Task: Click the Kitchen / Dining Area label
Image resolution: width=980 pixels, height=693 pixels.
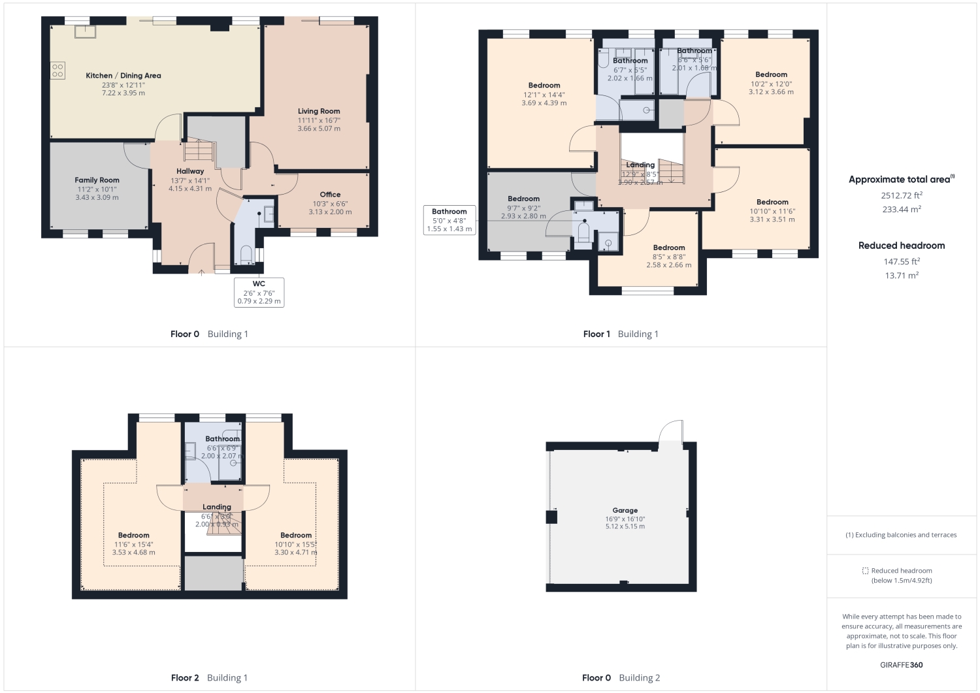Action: pyautogui.click(x=123, y=76)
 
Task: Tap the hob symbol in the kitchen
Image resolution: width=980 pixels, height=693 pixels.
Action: pyautogui.click(x=57, y=70)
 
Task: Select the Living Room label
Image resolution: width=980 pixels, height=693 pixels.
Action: pyautogui.click(x=319, y=111)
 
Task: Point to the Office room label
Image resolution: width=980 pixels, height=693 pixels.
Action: pyautogui.click(x=330, y=195)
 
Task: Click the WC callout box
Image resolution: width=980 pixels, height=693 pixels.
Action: pyautogui.click(x=259, y=292)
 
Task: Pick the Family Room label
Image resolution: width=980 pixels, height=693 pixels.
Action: pyautogui.click(x=97, y=180)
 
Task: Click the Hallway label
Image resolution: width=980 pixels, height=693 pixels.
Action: pyautogui.click(x=190, y=171)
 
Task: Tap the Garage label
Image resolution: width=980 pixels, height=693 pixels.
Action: pyautogui.click(x=625, y=511)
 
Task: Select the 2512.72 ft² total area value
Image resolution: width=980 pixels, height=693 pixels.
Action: pyautogui.click(x=902, y=195)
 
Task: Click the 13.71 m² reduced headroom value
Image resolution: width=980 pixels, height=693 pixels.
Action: pyautogui.click(x=902, y=276)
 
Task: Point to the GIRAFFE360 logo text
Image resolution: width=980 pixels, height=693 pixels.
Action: pyautogui.click(x=902, y=665)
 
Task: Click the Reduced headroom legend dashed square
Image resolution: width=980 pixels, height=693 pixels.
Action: pyautogui.click(x=865, y=571)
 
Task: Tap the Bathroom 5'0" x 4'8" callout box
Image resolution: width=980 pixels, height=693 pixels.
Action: pyautogui.click(x=449, y=220)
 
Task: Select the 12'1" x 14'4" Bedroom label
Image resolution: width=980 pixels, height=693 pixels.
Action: pyautogui.click(x=544, y=86)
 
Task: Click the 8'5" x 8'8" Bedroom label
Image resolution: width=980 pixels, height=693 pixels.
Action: pyautogui.click(x=669, y=248)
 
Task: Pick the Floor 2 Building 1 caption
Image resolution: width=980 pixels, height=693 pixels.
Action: pyautogui.click(x=209, y=678)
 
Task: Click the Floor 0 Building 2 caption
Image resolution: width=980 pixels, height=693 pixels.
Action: pyautogui.click(x=621, y=678)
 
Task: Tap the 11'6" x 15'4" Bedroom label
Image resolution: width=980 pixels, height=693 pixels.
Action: pyautogui.click(x=134, y=536)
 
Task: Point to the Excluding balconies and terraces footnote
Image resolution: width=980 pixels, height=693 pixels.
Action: pyautogui.click(x=901, y=535)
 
